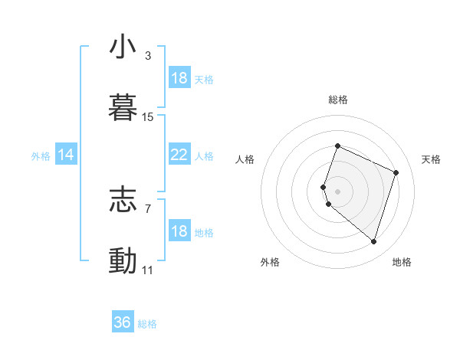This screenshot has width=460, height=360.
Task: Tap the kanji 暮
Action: pyautogui.click(x=123, y=107)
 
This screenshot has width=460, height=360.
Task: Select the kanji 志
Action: pyautogui.click(x=123, y=200)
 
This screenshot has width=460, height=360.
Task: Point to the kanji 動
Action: pyautogui.click(x=123, y=261)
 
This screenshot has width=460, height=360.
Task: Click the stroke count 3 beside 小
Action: pyautogui.click(x=148, y=56)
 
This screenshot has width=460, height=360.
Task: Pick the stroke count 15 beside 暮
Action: pyautogui.click(x=148, y=117)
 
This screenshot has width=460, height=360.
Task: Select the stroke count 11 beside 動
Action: pyautogui.click(x=148, y=270)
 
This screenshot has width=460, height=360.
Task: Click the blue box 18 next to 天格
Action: pyautogui.click(x=179, y=78)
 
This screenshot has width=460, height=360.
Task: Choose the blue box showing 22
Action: pyautogui.click(x=179, y=155)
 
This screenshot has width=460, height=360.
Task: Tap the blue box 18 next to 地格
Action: pyautogui.click(x=179, y=231)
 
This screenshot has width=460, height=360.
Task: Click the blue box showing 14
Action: pyautogui.click(x=66, y=155)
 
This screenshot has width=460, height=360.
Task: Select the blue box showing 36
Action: pyautogui.click(x=123, y=322)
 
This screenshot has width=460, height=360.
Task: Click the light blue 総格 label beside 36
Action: pyautogui.click(x=148, y=324)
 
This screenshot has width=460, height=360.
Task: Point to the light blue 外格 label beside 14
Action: pyautogui.click(x=41, y=156)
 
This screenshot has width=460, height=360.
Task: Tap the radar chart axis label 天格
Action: pyautogui.click(x=432, y=159)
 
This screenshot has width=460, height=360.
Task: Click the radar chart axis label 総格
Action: pyautogui.click(x=338, y=100)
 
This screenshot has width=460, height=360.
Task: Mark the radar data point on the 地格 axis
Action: pyautogui.click(x=374, y=242)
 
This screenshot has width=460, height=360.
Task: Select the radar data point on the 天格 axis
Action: pyautogui.click(x=396, y=172)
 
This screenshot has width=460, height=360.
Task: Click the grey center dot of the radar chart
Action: pyautogui.click(x=338, y=191)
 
